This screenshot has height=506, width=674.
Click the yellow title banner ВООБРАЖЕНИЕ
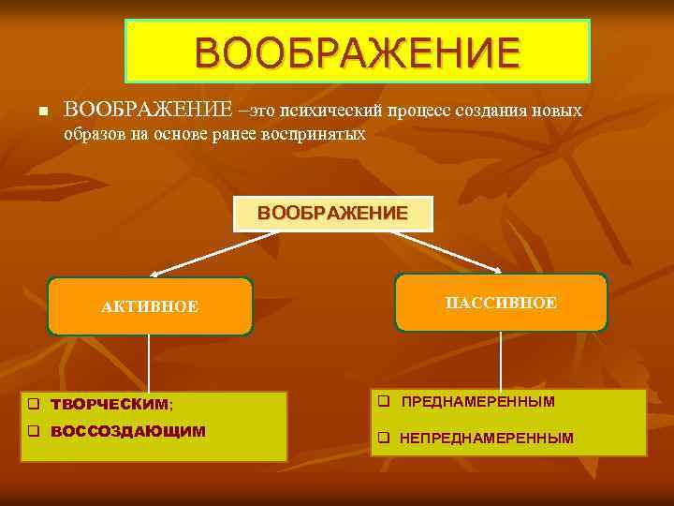point(358,51)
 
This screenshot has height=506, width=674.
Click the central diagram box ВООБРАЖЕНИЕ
point(332,214)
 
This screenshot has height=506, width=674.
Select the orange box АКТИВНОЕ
point(150,306)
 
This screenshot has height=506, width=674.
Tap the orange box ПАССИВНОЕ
point(501,303)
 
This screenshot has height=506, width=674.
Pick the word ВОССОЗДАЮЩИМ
point(127,432)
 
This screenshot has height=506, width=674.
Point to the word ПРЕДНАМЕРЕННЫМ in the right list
point(477,402)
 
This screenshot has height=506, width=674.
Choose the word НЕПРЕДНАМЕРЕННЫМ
point(487,438)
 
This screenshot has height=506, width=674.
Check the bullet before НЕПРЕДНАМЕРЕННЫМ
point(383,438)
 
